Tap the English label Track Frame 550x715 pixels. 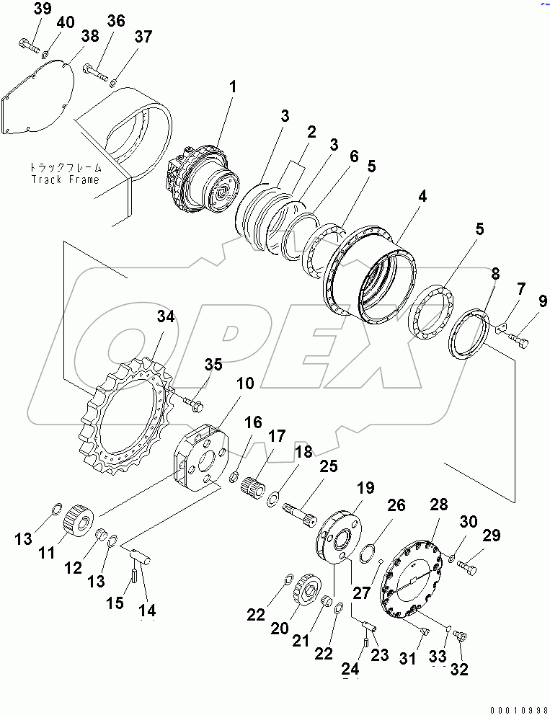pos(64,179)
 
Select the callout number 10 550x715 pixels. pos(245,383)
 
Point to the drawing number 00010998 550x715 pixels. pos(511,705)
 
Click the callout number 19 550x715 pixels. pos(365,488)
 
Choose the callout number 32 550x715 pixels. pos(458,670)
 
